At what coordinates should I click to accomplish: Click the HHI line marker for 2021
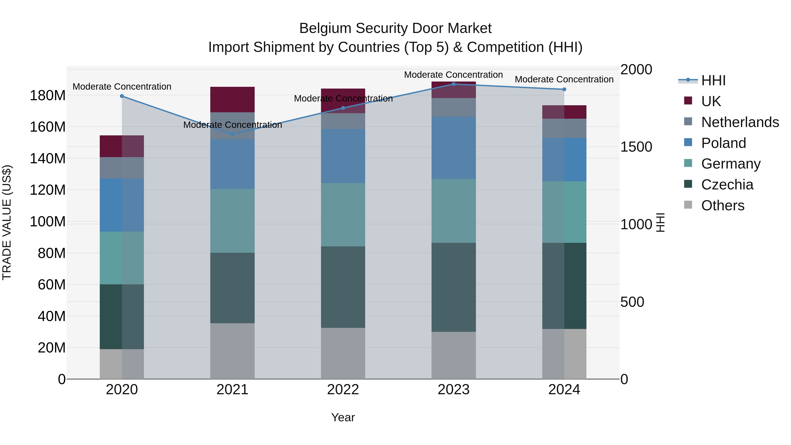click(232, 134)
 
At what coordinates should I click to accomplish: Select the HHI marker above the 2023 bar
click(454, 84)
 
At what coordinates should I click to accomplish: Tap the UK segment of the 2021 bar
click(232, 100)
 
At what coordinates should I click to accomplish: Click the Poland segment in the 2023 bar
click(454, 148)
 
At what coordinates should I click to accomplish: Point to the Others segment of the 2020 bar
click(122, 364)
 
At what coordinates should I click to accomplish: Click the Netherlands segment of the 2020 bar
click(122, 168)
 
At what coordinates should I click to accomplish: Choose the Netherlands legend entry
click(740, 122)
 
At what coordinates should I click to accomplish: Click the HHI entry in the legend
click(713, 80)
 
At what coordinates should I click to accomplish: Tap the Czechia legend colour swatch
click(688, 184)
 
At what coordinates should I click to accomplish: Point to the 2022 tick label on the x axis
click(343, 390)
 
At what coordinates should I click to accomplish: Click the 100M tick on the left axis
click(48, 222)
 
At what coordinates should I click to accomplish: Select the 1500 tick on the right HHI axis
click(636, 147)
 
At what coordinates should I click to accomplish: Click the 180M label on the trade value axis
click(48, 96)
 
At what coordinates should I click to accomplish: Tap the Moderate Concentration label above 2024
click(564, 79)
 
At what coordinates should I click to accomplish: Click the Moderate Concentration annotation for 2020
click(122, 87)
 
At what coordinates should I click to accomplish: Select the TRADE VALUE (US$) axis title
click(7, 222)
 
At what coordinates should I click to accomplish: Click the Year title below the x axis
click(343, 417)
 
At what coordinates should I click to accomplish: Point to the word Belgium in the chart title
click(325, 28)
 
